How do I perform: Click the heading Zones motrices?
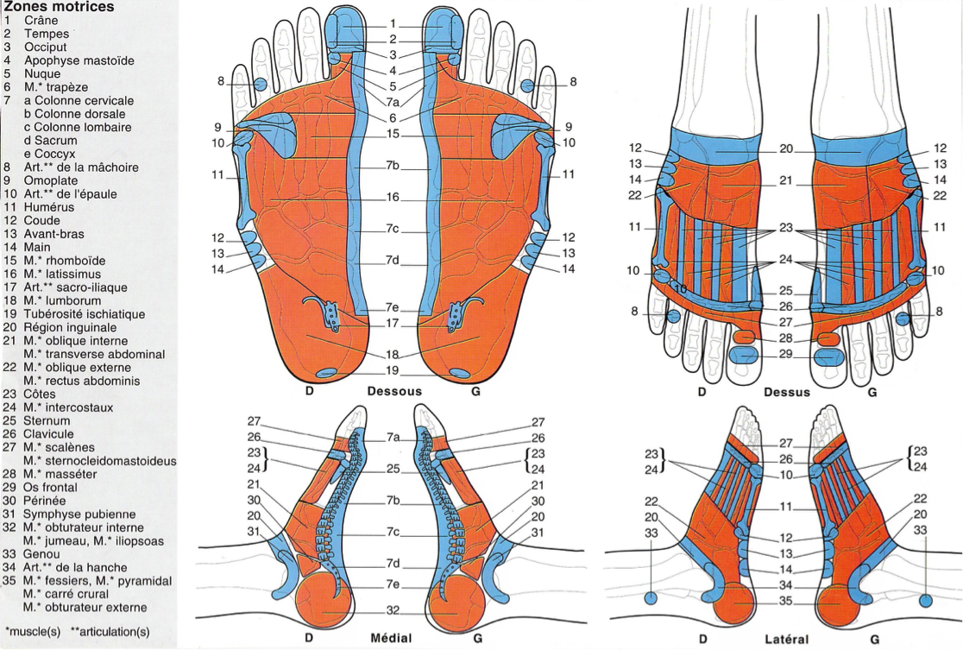point(59,7)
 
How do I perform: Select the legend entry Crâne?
point(41,20)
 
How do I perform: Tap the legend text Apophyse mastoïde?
point(79,60)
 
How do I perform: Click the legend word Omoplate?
point(51,180)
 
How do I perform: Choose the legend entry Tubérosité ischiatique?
point(85,314)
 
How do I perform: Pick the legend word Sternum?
point(48,420)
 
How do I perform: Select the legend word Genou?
point(42,554)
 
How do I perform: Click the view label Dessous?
point(394,392)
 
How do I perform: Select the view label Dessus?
point(786,392)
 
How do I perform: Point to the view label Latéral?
point(786,640)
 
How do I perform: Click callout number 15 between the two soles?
point(393,135)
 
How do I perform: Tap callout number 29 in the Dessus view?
point(785,355)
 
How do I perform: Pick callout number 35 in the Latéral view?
point(785,602)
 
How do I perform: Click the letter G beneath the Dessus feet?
point(872,392)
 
